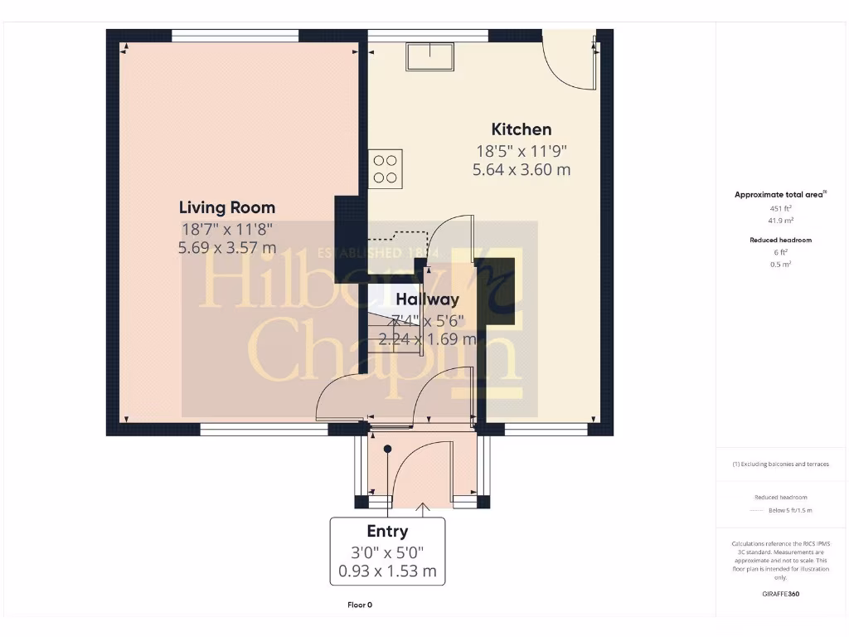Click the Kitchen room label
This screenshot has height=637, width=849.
tap(522, 129)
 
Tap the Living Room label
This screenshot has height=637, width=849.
tap(227, 207)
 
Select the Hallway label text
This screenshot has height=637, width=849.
tap(427, 299)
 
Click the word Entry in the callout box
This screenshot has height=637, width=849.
tap(387, 532)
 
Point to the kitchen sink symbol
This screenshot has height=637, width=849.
tap(429, 57)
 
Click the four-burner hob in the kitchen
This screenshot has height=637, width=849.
tap(386, 168)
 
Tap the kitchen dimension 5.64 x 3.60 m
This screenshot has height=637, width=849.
tap(522, 170)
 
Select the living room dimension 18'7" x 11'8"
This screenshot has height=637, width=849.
tap(227, 229)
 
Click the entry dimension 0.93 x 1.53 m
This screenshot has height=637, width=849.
tap(387, 571)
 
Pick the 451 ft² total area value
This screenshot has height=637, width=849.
tap(780, 209)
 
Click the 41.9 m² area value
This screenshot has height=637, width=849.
tap(780, 221)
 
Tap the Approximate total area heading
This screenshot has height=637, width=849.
tap(779, 195)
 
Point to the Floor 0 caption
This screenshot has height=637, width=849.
tap(360, 605)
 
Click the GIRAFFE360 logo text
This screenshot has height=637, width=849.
tap(780, 594)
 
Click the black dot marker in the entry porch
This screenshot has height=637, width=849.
tap(387, 449)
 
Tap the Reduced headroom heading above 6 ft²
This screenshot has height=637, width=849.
tap(780, 240)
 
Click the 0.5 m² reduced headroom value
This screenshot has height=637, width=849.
tap(780, 265)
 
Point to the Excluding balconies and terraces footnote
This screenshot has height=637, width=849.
tap(780, 464)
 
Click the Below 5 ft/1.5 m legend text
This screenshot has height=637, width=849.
tap(791, 510)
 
